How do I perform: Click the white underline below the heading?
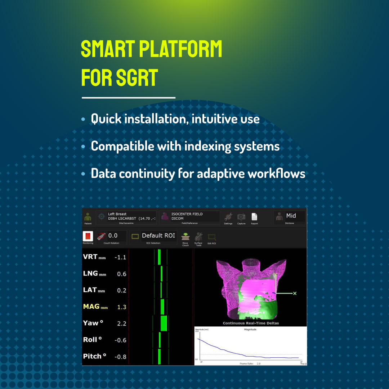point(128,97)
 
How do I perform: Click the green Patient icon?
point(88,216)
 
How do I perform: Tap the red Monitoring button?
point(88,236)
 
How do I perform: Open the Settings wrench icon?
point(228,216)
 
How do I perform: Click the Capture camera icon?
point(241,216)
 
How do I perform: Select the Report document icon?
point(254,216)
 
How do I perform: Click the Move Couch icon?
point(185,237)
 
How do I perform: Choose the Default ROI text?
point(158,236)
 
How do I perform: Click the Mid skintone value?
point(291,216)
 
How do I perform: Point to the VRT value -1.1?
point(120,258)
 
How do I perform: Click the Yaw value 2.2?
point(122,323)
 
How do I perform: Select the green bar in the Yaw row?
point(164,323)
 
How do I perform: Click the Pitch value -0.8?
point(120,357)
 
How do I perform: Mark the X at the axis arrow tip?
point(295,294)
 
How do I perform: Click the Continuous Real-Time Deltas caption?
point(251,323)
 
